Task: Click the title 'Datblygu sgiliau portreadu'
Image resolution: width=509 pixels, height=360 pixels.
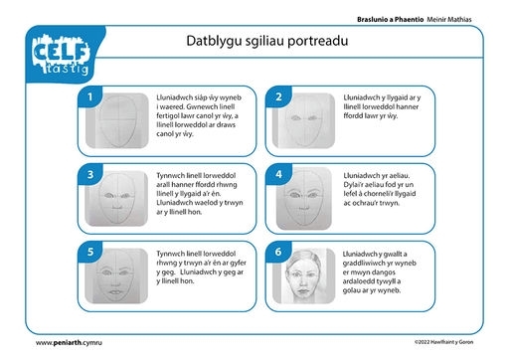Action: [267, 41]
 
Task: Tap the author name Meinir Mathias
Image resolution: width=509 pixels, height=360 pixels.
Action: [449, 20]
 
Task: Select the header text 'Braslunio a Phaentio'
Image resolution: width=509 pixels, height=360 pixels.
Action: [390, 20]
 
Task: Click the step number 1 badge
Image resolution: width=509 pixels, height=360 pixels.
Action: [89, 96]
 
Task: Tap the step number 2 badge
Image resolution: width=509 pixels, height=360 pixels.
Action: [278, 96]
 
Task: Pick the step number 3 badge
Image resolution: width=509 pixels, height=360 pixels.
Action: [90, 174]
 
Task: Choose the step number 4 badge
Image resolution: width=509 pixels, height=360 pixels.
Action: [279, 174]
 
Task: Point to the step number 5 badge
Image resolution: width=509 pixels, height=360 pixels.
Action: [90, 252]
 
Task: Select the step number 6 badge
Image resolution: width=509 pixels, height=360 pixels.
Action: [278, 252]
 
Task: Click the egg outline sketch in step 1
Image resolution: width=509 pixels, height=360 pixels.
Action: [117, 120]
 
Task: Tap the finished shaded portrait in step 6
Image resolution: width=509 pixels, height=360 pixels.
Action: [304, 275]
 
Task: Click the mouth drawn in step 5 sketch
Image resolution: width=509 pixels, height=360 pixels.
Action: [115, 292]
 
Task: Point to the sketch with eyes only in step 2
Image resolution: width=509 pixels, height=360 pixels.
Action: [303, 120]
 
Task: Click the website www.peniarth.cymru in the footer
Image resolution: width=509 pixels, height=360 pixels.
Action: [69, 343]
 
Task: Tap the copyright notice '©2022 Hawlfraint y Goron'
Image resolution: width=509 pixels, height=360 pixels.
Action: [443, 342]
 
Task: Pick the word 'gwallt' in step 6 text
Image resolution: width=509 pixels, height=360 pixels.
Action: [393, 254]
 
